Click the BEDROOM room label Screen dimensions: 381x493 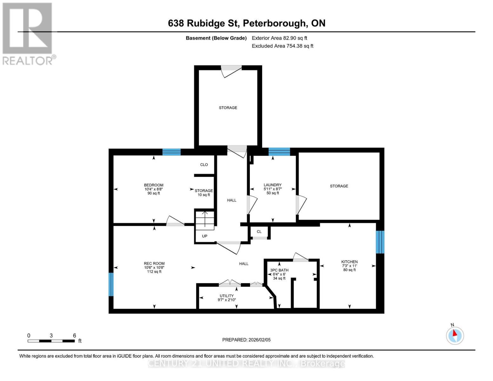point(154,185)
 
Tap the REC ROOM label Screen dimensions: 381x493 point(154,264)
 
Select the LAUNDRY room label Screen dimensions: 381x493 point(272,185)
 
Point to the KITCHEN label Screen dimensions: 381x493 point(349,262)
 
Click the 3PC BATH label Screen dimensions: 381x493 point(279,270)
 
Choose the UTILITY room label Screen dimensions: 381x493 point(227,296)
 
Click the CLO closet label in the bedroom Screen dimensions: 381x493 point(204,164)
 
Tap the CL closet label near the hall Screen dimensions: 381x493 point(259,232)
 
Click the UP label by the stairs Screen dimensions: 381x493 point(204,236)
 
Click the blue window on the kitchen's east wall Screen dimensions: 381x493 point(380,242)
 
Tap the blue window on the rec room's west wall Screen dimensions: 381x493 point(111,284)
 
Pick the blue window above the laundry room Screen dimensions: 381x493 point(279,151)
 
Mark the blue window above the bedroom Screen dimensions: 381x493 point(171,152)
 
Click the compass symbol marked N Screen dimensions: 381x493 point(455,335)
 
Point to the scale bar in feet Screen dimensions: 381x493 point(51,341)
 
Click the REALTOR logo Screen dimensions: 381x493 point(28,34)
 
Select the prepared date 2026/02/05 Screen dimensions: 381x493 point(246,340)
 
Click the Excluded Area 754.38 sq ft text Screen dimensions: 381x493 point(282,46)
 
